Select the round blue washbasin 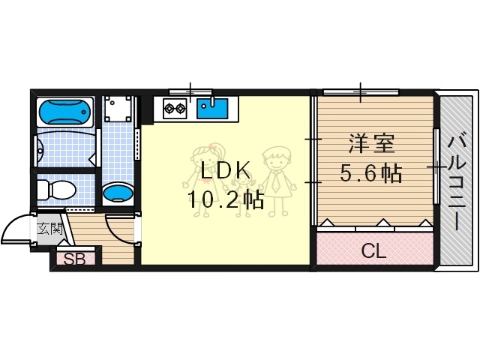click(118, 195)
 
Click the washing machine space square click(118, 110)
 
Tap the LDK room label click(223, 172)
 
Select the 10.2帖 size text click(225, 199)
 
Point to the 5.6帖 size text click(371, 174)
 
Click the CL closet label click(373, 251)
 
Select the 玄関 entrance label click(49, 228)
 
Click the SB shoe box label click(73, 260)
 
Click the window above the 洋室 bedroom click(361, 91)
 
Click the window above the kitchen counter click(191, 91)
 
